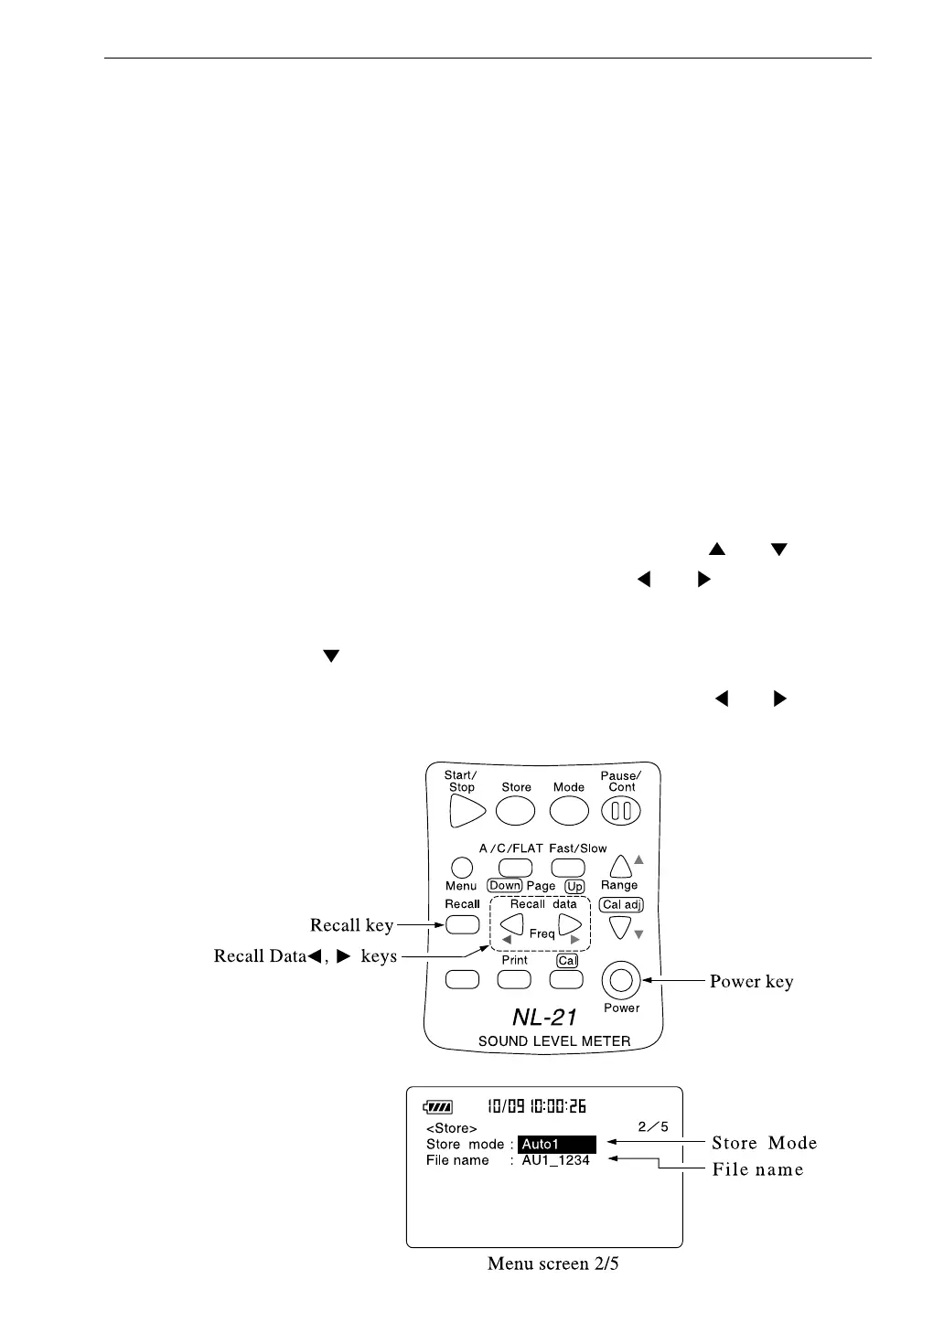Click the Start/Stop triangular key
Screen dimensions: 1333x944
tap(467, 811)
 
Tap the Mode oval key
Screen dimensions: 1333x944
tap(569, 811)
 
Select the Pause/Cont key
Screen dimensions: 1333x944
tap(621, 811)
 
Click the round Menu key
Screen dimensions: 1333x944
tap(462, 867)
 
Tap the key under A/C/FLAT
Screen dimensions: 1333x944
tap(515, 867)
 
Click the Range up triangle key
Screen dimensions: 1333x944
tap(621, 866)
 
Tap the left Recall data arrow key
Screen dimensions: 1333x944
tap(512, 925)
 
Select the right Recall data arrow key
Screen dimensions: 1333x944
tap(571, 925)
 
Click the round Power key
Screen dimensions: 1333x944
tap(621, 981)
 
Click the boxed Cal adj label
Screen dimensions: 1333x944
tap(622, 905)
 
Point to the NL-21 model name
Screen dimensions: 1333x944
tap(545, 1017)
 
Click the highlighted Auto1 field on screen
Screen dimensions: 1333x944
tap(556, 1144)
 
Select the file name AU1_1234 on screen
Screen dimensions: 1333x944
tap(556, 1160)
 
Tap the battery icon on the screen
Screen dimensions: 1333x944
tap(438, 1107)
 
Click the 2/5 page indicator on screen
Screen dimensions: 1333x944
tap(653, 1126)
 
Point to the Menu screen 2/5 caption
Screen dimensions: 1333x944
tap(552, 1264)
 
